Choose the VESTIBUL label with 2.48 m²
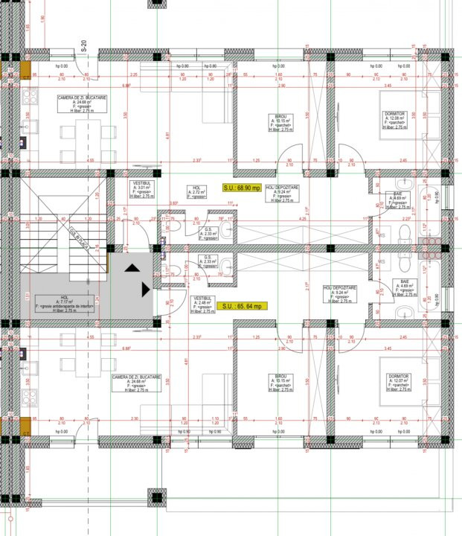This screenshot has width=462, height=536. point(202,302)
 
